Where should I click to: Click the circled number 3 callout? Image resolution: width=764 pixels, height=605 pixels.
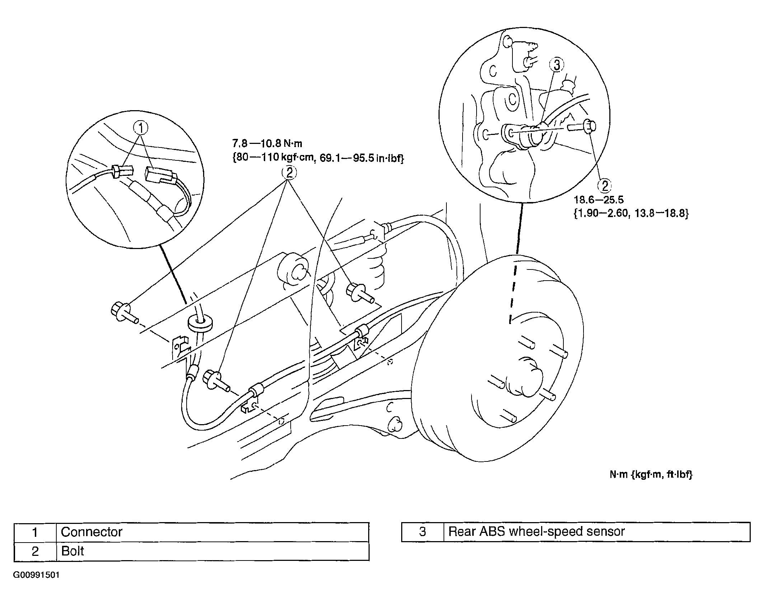pos(557,65)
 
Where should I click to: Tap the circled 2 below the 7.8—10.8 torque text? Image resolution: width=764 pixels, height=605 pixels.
pos(289,173)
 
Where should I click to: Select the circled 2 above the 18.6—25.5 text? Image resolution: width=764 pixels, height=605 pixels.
pos(604,186)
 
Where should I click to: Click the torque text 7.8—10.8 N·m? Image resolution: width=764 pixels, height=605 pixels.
pos(267,144)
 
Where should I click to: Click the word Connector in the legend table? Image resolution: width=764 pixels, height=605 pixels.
pos(92,532)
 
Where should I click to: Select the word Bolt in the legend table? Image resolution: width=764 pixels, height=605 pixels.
pos(72,551)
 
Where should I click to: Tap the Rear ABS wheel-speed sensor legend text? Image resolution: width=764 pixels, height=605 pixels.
pos(536,531)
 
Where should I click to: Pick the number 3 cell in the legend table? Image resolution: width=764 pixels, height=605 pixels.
pos(422,531)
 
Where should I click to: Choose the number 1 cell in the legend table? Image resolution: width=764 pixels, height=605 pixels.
pos(35,532)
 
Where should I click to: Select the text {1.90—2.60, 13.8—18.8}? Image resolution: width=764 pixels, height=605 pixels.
pos(631,214)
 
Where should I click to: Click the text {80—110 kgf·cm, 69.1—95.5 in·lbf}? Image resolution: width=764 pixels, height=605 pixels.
pos(318,158)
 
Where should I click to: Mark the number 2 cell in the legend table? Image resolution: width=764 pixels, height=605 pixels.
pos(35,551)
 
